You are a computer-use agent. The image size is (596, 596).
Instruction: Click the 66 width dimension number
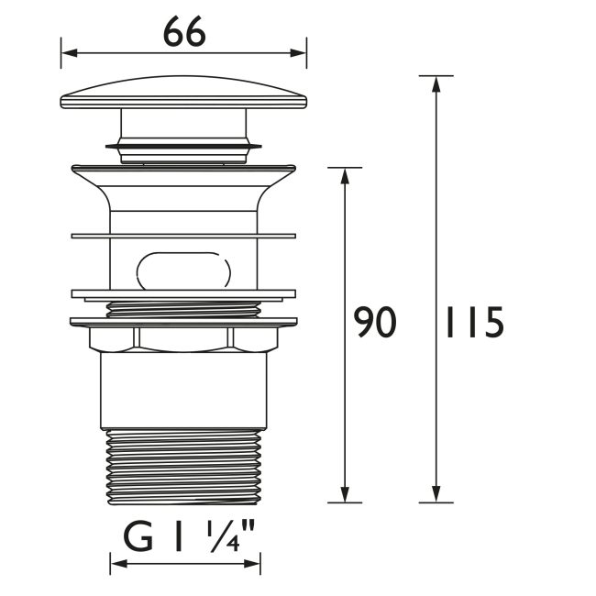(x=184, y=33)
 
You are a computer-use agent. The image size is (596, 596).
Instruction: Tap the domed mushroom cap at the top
(x=183, y=97)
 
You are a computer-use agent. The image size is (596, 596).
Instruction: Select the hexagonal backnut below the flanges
(x=183, y=338)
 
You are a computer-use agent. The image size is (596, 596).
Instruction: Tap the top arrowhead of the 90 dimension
(x=346, y=176)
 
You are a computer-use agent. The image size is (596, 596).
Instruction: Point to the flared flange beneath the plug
(x=183, y=179)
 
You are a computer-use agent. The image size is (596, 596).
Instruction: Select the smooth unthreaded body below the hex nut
(x=183, y=390)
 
